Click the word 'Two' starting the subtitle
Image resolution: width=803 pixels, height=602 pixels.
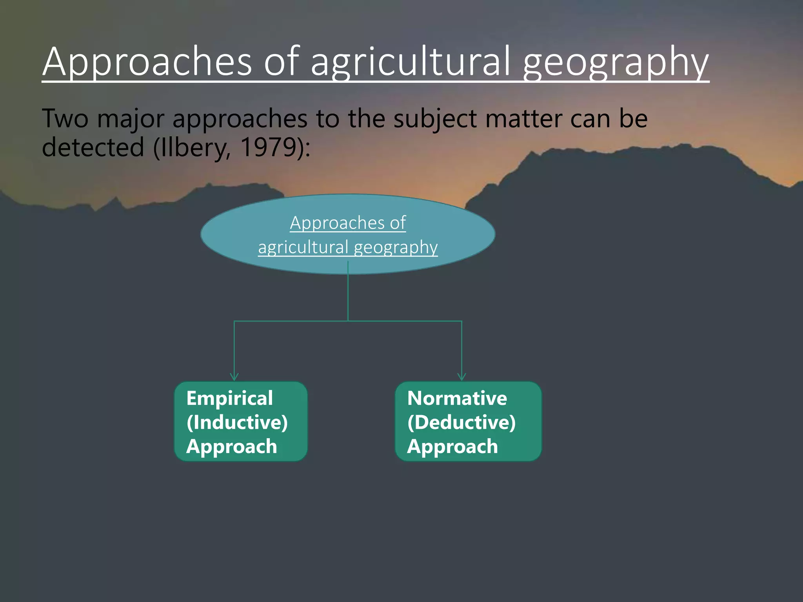coord(65,118)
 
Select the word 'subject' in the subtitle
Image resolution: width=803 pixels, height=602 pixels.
coord(435,118)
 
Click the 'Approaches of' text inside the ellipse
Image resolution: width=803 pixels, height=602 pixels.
coord(348,223)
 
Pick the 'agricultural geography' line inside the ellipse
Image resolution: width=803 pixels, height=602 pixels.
coord(348,247)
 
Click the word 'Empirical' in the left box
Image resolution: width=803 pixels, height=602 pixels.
coord(230,398)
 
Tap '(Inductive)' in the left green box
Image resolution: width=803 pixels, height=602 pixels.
coord(237,422)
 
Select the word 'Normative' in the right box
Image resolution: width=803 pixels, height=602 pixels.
coord(457,398)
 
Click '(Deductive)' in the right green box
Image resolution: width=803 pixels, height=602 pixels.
coord(461,422)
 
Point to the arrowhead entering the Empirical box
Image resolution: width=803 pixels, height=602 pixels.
coord(234,377)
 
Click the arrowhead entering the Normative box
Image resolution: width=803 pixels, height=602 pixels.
coord(462,377)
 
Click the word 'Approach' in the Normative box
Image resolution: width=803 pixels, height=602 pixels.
coord(452,446)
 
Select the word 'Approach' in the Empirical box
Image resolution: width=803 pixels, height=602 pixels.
coord(232,446)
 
